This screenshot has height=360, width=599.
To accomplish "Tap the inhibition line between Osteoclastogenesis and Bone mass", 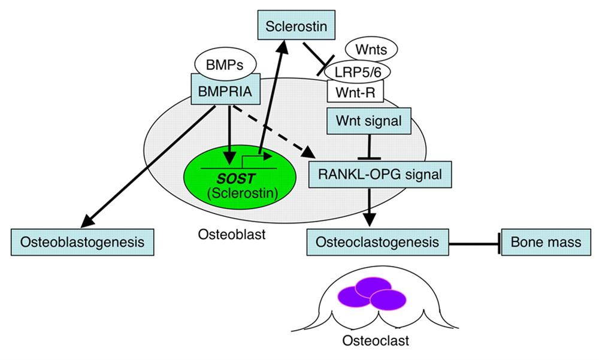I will click(473, 243).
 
